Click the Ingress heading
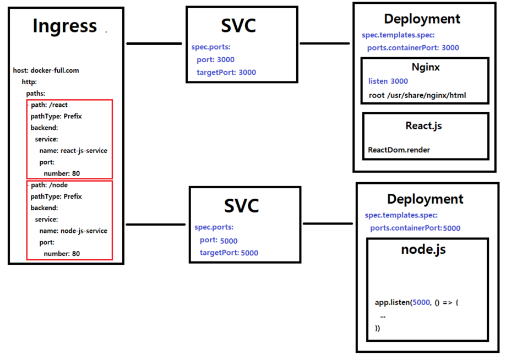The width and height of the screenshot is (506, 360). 64,26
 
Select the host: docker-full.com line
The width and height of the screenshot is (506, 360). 46,70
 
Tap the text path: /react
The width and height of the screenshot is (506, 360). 49,105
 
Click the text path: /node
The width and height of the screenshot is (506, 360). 49,185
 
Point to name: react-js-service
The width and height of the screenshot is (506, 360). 73,151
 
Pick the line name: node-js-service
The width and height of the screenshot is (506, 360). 73,231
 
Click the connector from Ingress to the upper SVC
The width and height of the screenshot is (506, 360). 154,43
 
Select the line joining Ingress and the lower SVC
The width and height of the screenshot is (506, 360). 155,224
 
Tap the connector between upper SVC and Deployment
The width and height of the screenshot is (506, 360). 325,43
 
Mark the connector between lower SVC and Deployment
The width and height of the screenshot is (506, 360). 328,223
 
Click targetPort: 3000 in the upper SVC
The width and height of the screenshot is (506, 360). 226,72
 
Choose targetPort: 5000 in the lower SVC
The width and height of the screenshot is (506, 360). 229,253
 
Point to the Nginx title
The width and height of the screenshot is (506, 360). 426,67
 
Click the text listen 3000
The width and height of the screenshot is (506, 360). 388,81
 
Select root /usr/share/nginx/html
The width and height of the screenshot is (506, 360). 417,95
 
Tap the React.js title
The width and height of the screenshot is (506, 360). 424,126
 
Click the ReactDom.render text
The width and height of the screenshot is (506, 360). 399,150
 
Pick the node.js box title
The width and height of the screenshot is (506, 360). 423,249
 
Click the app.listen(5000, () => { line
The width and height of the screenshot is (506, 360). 417,302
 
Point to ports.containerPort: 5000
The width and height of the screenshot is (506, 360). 415,228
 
